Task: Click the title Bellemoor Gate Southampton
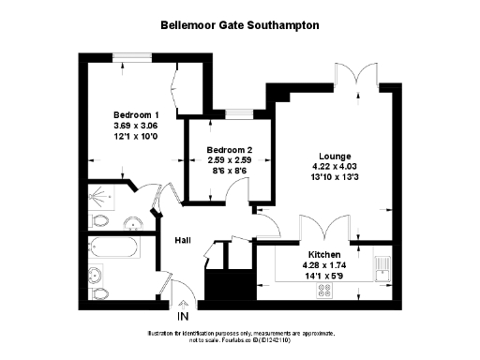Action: (x=240, y=26)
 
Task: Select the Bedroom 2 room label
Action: (x=231, y=150)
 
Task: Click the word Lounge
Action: (x=335, y=156)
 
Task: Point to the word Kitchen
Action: (x=323, y=254)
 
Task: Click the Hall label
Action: (x=184, y=241)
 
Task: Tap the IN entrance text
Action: (x=183, y=318)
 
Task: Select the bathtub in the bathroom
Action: (x=112, y=249)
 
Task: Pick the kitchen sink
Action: (x=382, y=266)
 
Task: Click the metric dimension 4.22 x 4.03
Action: (x=335, y=167)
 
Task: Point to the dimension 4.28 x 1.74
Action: (x=323, y=265)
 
